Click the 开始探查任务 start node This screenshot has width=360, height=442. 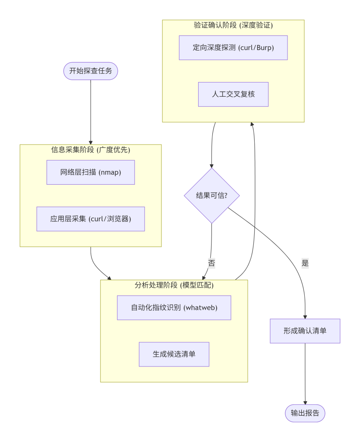tap(91, 71)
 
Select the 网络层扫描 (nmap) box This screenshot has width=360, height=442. tap(91, 172)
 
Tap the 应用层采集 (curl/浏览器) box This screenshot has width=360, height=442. tap(91, 219)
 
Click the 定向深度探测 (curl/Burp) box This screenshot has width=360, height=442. tap(233, 47)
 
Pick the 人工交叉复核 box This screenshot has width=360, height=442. tap(233, 94)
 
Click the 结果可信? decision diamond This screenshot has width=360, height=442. tap(212, 196)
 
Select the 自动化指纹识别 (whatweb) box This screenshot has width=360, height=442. tap(174, 308)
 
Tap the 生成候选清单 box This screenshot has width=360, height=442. tap(174, 354)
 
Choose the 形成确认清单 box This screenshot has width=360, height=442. tap(305, 331)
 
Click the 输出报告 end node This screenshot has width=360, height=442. tap(305, 413)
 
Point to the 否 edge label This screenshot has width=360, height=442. tap(212, 263)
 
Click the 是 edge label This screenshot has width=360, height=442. tap(305, 263)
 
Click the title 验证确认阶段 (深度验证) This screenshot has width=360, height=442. tap(233, 25)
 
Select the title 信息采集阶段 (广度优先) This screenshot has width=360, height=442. tap(91, 150)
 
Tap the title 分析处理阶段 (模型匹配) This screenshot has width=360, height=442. tap(174, 285)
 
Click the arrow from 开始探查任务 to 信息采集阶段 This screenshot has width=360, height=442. tap(91, 112)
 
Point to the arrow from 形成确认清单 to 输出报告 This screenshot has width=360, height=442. tap(305, 373)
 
